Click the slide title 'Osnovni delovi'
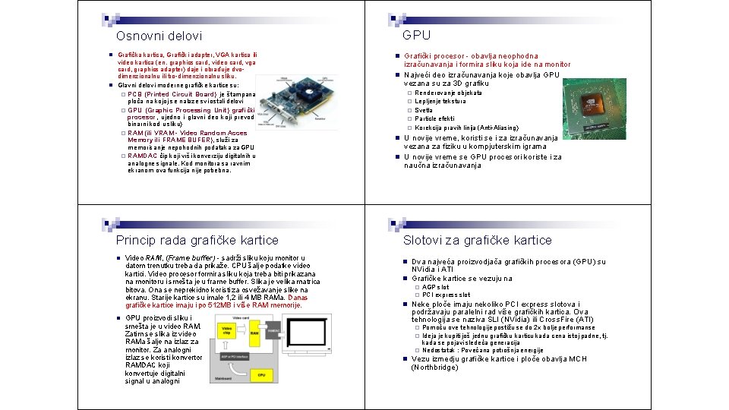tap(159, 36)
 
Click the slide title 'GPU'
tap(416, 35)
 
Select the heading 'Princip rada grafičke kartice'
tap(197, 240)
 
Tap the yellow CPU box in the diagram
tap(260, 374)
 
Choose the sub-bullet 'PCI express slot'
tap(446, 295)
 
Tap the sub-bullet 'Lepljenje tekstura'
tap(440, 101)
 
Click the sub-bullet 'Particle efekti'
tap(434, 118)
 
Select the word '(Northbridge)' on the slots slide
tap(435, 367)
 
